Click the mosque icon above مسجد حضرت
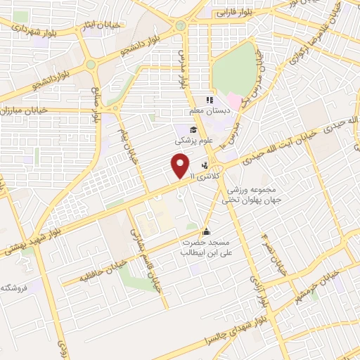206,231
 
